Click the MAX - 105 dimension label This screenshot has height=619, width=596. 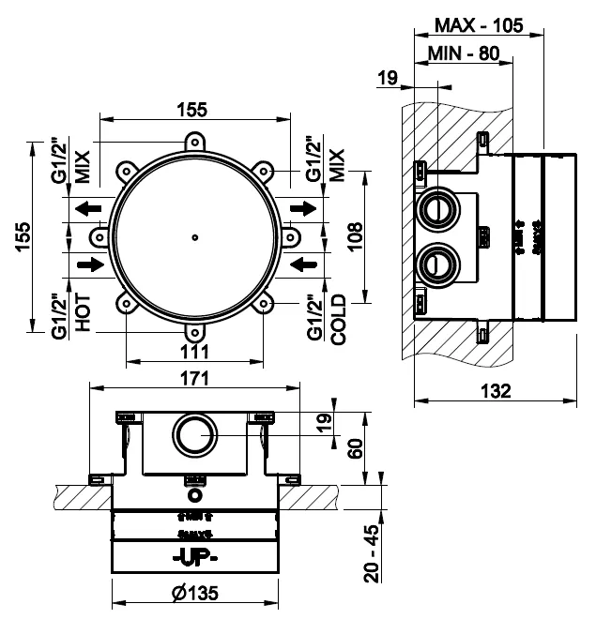(479, 24)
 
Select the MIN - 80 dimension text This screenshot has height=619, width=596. (462, 53)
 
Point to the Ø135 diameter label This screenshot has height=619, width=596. (195, 594)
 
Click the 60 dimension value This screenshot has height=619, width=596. (354, 450)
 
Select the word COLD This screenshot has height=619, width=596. (339, 319)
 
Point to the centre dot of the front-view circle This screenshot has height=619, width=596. (192, 236)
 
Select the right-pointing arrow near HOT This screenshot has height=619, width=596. (89, 265)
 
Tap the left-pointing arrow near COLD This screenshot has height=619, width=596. (303, 265)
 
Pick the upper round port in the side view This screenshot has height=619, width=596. (436, 207)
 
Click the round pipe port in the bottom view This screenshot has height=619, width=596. (192, 435)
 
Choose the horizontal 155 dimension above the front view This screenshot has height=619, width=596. (192, 108)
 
